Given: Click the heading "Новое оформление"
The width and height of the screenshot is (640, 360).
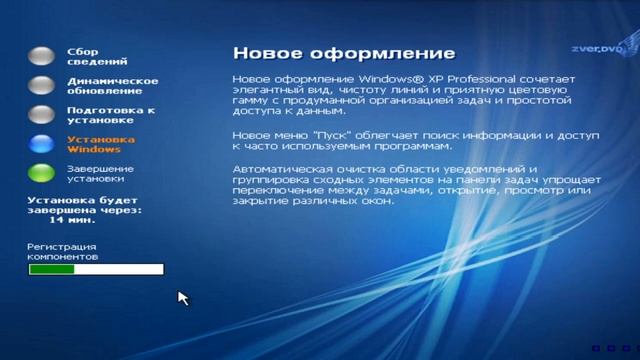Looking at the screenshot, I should point(343,53).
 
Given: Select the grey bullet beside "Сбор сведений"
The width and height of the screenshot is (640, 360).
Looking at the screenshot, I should point(41,56).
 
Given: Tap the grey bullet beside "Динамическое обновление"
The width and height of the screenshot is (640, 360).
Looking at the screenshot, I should point(41,85).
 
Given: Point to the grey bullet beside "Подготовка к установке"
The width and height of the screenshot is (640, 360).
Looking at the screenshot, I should point(41,114).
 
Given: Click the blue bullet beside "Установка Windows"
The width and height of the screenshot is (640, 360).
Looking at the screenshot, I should point(41,144).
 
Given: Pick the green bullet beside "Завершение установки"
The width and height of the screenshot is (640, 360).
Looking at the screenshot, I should point(41,173).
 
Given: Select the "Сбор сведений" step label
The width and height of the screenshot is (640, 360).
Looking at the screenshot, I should point(90,56).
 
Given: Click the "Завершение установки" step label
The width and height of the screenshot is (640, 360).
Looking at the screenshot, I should point(100,173).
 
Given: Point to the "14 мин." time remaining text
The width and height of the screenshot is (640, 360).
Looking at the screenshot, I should point(83,220).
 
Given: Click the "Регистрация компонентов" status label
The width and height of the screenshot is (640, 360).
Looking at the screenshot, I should point(64,251).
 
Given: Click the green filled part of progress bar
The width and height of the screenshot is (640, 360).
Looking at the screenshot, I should point(45,269).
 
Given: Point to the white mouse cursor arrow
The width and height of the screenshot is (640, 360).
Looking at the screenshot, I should point(182,297).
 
